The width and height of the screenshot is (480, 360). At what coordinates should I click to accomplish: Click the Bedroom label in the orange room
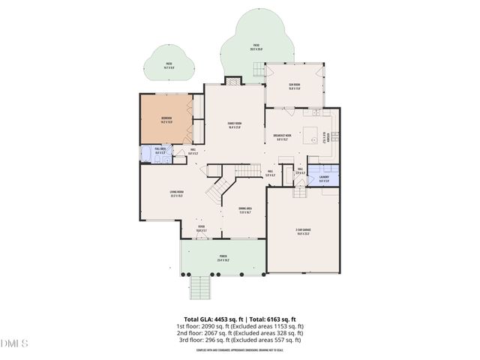pyautogui.click(x=166, y=120)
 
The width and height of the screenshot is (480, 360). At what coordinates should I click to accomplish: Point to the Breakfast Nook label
pyautogui.click(x=283, y=138)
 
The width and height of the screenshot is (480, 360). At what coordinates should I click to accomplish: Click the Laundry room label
pyautogui.click(x=323, y=179)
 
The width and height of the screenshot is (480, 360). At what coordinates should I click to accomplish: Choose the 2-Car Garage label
pyautogui.click(x=303, y=232)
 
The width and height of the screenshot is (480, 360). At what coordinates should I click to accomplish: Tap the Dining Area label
pyautogui.click(x=244, y=211)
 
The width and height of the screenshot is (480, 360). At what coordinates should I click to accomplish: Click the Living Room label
pyautogui.click(x=177, y=194)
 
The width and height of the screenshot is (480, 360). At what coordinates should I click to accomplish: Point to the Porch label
pyautogui.click(x=223, y=258)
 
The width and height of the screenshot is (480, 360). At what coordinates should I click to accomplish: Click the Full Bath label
pyautogui.click(x=160, y=151)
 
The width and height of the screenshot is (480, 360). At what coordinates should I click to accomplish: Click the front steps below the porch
pyautogui.click(x=200, y=286)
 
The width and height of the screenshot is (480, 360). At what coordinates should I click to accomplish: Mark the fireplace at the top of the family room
pyautogui.click(x=233, y=81)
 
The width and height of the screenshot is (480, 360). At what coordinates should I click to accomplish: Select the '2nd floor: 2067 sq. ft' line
pyautogui.click(x=239, y=333)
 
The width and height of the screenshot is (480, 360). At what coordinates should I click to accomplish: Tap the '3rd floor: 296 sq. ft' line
pyautogui.click(x=239, y=340)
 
